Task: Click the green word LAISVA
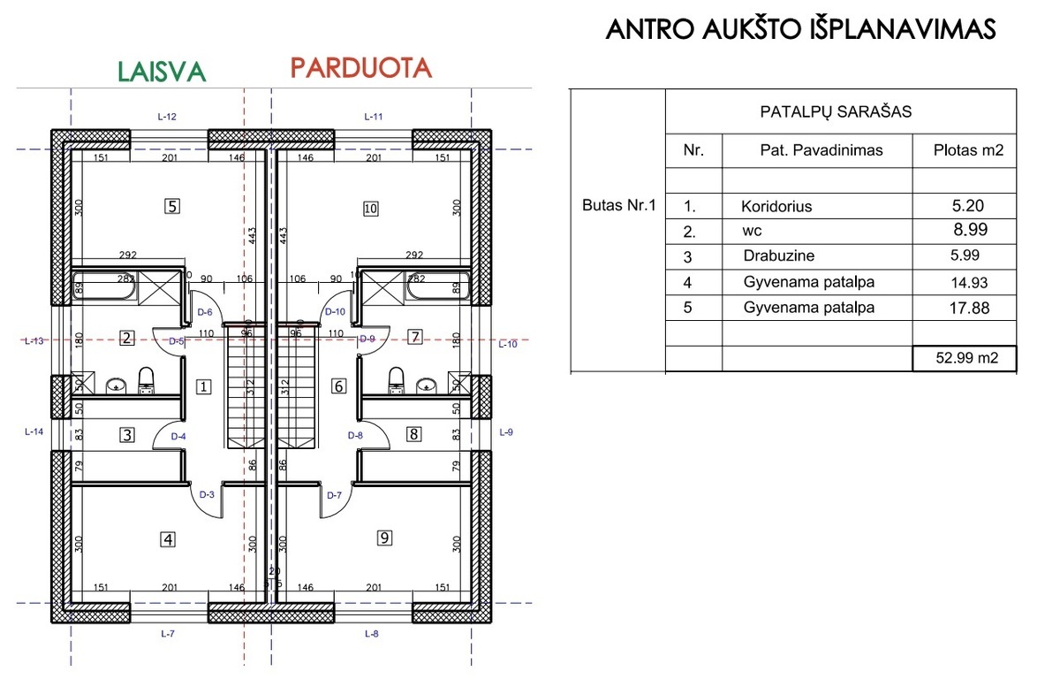pyautogui.click(x=162, y=72)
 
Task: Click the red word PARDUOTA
pyautogui.click(x=361, y=68)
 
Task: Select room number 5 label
pyautogui.click(x=172, y=207)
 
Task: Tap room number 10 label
pyautogui.click(x=370, y=209)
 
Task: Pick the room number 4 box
pyautogui.click(x=169, y=539)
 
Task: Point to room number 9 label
pyautogui.click(x=384, y=538)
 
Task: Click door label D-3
pyautogui.click(x=207, y=495)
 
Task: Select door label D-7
pyautogui.click(x=334, y=495)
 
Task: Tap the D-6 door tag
pyautogui.click(x=205, y=312)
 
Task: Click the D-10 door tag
pyautogui.click(x=335, y=311)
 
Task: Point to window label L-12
pyautogui.click(x=167, y=117)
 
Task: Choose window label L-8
pyautogui.click(x=372, y=634)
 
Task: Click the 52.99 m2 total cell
pyautogui.click(x=965, y=358)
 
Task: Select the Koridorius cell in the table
pyautogui.click(x=776, y=207)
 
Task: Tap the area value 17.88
pyautogui.click(x=969, y=309)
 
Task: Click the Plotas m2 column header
pyautogui.click(x=968, y=150)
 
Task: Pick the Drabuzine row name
pyautogui.click(x=779, y=256)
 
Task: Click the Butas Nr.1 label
pyautogui.click(x=619, y=205)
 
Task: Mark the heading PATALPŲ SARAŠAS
pyautogui.click(x=836, y=111)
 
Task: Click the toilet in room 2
pyautogui.click(x=147, y=380)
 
